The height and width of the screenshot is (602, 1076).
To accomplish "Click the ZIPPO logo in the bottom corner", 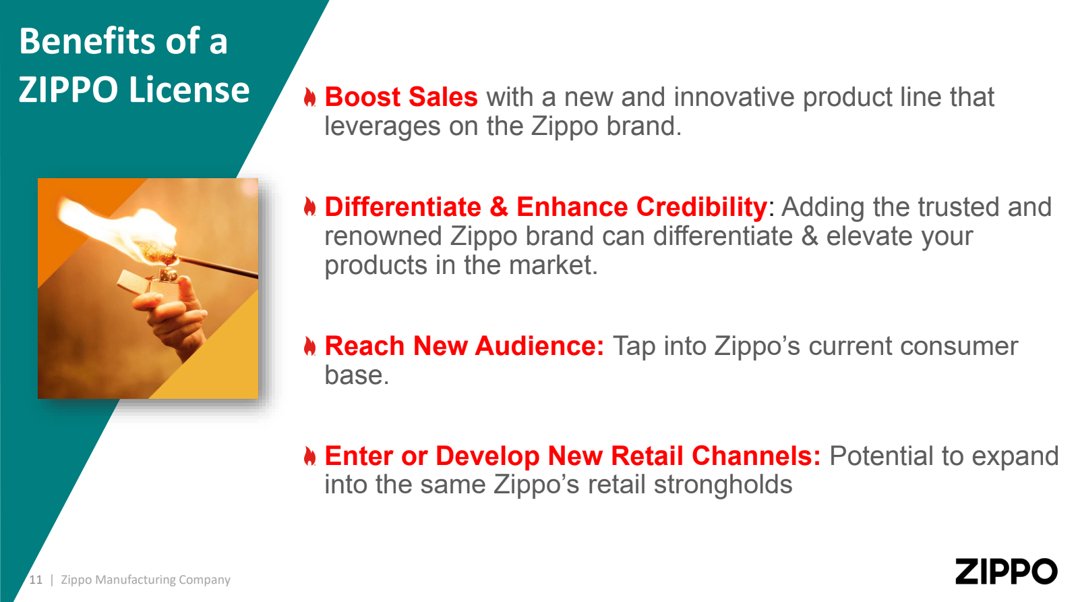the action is click(x=1006, y=571).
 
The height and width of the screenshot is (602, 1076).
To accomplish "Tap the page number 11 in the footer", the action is click(x=36, y=580).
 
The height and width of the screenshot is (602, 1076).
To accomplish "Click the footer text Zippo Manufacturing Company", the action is click(x=146, y=580).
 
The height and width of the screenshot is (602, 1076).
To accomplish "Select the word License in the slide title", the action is click(x=189, y=90).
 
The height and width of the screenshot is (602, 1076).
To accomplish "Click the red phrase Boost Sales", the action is click(x=401, y=97).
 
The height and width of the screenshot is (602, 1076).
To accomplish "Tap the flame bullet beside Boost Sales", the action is click(x=310, y=97).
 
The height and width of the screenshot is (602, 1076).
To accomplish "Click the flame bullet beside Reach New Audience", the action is click(x=310, y=346).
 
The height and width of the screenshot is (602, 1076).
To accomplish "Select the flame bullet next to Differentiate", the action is click(x=310, y=207).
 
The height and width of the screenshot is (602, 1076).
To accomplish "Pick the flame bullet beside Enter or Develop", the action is click(x=310, y=456).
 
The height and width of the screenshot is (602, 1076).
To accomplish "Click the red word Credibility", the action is click(x=702, y=208).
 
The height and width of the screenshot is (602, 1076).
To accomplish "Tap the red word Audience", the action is click(x=539, y=346).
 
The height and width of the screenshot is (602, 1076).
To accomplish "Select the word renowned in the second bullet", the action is click(x=383, y=236).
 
